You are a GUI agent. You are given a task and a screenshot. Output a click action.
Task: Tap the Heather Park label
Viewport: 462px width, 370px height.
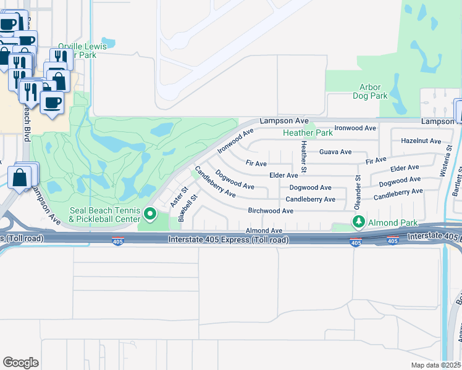coord(308,133)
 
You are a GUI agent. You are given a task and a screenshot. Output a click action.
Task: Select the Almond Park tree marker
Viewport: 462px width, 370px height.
coord(358,221)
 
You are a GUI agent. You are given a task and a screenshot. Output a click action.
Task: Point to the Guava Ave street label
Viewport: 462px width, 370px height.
coord(335,152)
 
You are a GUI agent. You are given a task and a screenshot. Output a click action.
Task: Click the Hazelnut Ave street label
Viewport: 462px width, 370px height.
coord(421,141)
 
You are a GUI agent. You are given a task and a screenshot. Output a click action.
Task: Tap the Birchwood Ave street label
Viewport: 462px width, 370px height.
coord(271,210)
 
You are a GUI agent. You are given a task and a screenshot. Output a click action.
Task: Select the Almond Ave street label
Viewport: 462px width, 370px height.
coord(264,230)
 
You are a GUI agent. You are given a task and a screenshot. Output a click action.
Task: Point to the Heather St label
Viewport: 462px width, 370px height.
coord(303,156)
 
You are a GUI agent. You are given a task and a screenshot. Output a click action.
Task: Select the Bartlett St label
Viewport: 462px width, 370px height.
coord(456,182)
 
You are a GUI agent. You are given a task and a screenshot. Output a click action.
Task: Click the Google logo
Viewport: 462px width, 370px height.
coord(20,362)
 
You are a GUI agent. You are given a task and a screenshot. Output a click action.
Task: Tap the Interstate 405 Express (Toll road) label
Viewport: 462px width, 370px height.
coord(228,239)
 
